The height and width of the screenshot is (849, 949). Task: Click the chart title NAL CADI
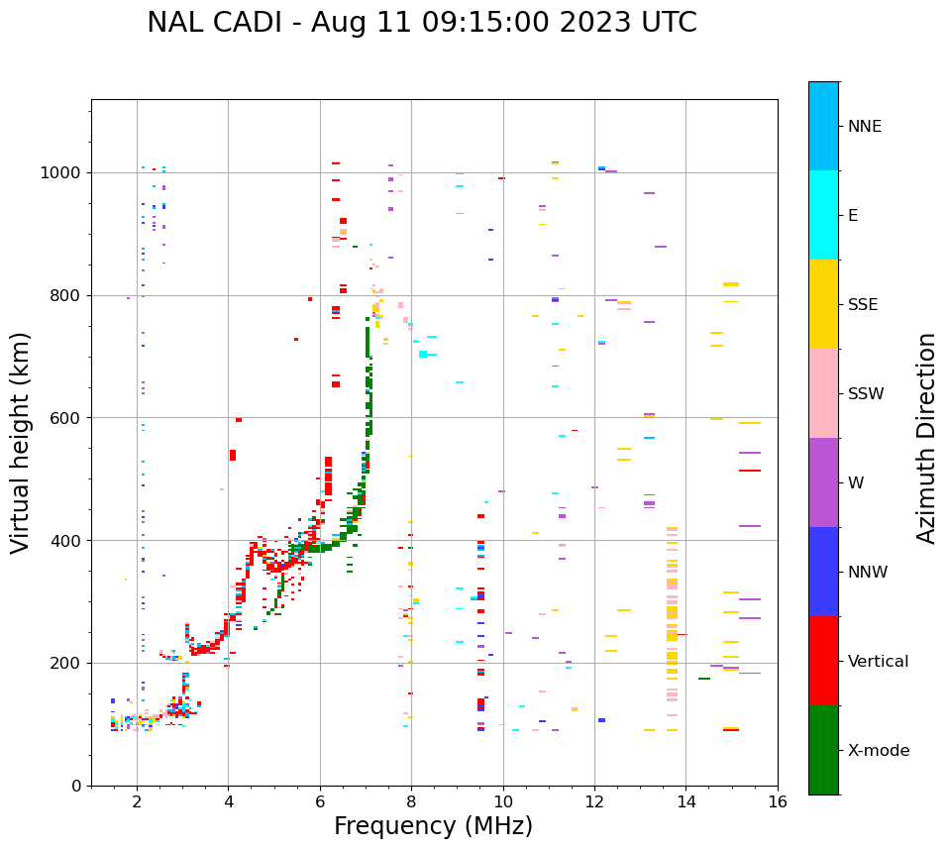coord(421,23)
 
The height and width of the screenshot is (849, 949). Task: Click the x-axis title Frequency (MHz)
coord(433,826)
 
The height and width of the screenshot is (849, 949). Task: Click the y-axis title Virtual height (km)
coord(21,442)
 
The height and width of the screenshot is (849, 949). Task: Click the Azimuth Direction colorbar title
coord(926,438)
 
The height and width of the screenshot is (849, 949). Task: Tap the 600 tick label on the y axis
coord(66,418)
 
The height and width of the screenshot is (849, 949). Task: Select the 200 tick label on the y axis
coord(66,663)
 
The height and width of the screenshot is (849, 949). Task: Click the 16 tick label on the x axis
coord(778,801)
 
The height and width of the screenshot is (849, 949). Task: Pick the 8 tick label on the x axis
coord(411,801)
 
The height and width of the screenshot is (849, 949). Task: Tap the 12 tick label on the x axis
coord(594,801)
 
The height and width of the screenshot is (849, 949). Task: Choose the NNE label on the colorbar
coord(865,127)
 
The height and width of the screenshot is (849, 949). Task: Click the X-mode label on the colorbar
coord(879,751)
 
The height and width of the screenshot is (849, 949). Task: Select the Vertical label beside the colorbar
coord(878,662)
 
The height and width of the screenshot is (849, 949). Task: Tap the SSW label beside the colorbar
coord(866,394)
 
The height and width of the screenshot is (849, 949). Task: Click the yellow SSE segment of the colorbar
coord(823,304)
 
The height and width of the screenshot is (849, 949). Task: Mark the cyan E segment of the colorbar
coord(823,215)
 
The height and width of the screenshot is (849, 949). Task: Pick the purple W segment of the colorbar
coord(823,482)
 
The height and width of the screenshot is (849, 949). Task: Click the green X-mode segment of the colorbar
coord(823,750)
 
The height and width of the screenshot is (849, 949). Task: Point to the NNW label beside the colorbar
coord(868,573)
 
